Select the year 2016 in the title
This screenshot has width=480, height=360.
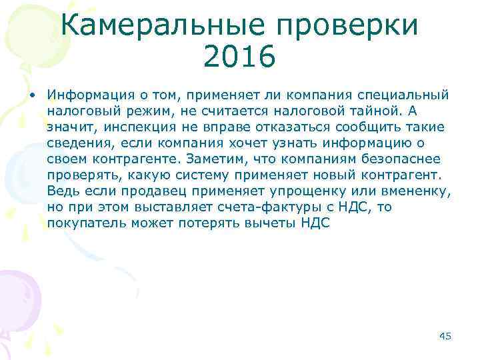point(239,57)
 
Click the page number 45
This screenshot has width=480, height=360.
point(445,336)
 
